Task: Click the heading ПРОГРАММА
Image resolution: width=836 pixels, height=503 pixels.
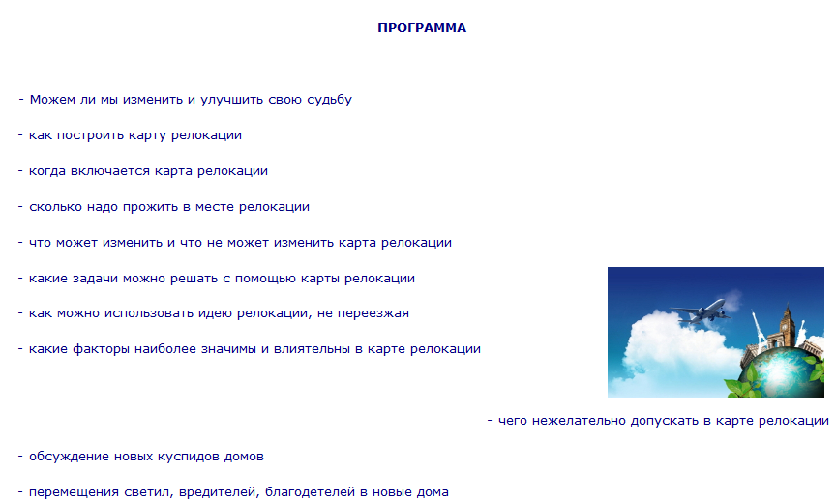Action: point(422,28)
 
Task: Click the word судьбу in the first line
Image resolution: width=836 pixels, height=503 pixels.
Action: point(330,100)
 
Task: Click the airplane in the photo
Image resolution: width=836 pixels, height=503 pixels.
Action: point(701,311)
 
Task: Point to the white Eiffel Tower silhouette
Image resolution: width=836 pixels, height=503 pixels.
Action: point(759,331)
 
